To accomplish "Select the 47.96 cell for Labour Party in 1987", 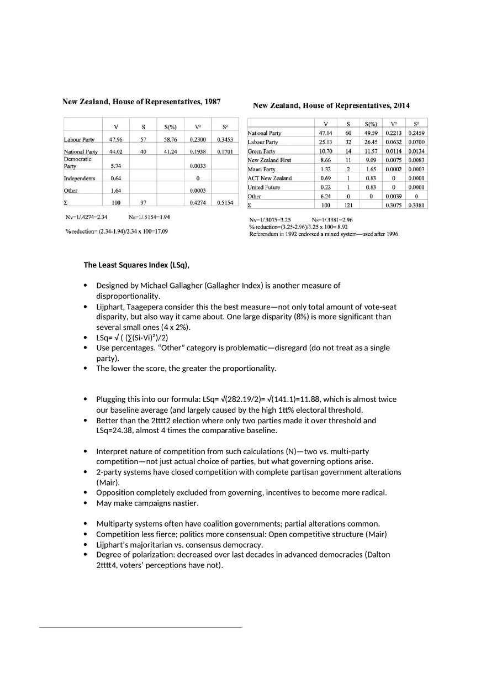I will pyautogui.click(x=115, y=140).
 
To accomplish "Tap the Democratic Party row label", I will pyautogui.click(x=77, y=162).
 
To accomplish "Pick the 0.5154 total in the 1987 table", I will pyautogui.click(x=225, y=203).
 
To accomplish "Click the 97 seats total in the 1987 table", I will pyautogui.click(x=143, y=203).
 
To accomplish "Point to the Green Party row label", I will pyautogui.click(x=261, y=151).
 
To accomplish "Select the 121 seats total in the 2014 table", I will pyautogui.click(x=348, y=205).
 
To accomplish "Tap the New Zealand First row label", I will pyautogui.click(x=269, y=160).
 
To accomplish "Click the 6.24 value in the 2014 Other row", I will pyautogui.click(x=325, y=196).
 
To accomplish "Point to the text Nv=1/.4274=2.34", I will pyautogui.click(x=86, y=217).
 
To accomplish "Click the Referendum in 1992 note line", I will pyautogui.click(x=324, y=234).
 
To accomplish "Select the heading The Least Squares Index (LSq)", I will pyautogui.click(x=136, y=265).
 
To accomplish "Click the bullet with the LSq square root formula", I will pyautogui.click(x=132, y=338).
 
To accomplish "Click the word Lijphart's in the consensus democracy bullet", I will pyautogui.click(x=113, y=544).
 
